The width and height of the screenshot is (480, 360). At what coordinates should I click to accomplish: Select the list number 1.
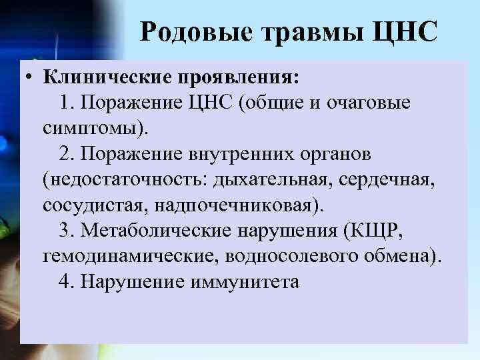click(64, 103)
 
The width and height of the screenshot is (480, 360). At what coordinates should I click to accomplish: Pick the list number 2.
click(64, 154)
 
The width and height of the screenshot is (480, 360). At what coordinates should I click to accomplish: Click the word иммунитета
click(247, 281)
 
